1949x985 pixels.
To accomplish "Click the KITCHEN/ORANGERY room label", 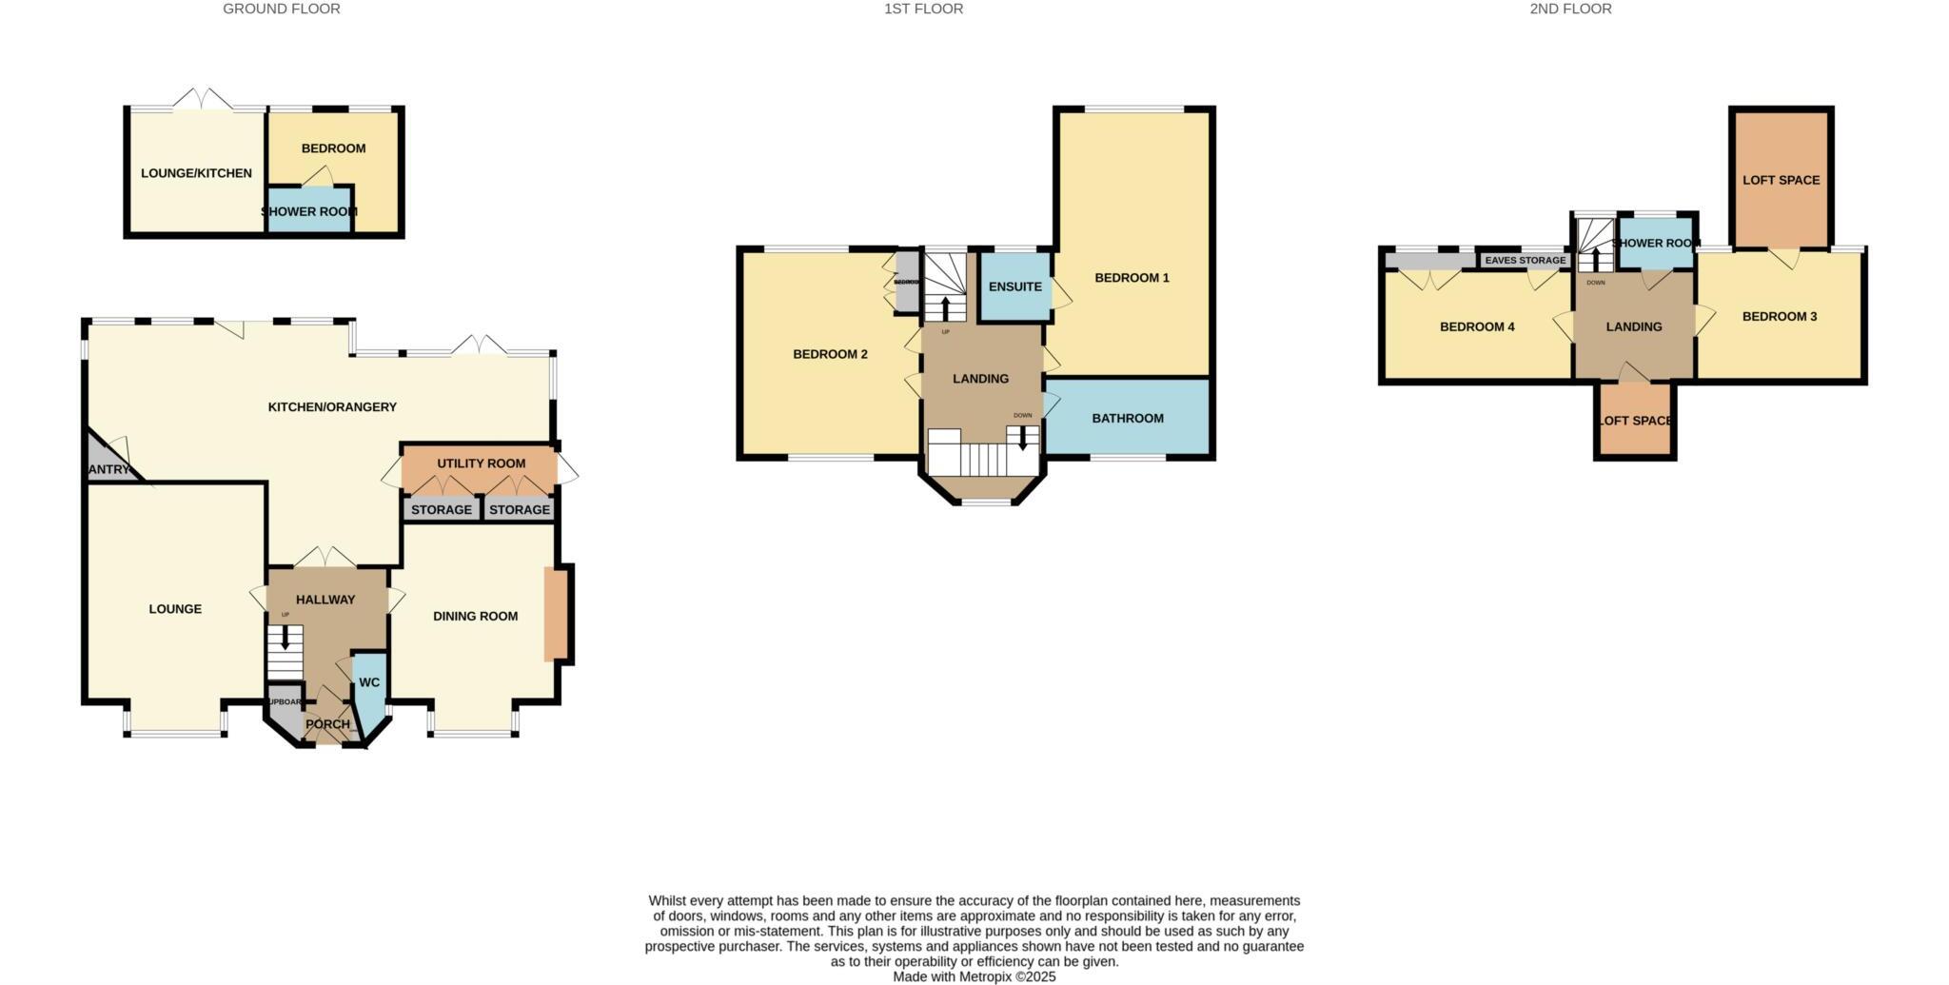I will click(x=332, y=407).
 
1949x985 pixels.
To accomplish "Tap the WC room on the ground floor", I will click(x=369, y=682).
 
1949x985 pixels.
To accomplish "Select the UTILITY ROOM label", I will click(x=481, y=463).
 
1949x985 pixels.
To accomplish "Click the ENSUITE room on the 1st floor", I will click(x=1015, y=286).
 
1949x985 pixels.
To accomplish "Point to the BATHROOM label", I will click(x=1128, y=419).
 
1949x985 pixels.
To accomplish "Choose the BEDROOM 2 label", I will click(x=830, y=355).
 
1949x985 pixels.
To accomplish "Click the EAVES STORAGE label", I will click(x=1525, y=260).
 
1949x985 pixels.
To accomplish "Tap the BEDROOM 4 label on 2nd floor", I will click(x=1477, y=327).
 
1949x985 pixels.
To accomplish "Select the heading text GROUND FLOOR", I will click(x=282, y=9).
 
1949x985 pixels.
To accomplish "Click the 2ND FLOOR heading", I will click(x=1570, y=9).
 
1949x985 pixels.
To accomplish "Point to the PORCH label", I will click(x=327, y=724).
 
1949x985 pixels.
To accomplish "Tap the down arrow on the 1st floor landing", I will click(x=1023, y=438).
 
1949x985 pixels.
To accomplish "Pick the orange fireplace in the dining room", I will click(x=554, y=614).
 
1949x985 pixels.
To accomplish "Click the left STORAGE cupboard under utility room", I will click(x=442, y=510).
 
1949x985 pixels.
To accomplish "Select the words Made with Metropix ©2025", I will click(x=974, y=976).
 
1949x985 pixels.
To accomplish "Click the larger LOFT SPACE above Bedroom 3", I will click(x=1781, y=180).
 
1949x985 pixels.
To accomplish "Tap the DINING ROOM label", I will click(x=475, y=617).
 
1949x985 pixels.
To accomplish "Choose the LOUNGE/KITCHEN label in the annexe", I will click(x=196, y=173).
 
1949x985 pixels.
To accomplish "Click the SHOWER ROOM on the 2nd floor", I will click(x=1656, y=243).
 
